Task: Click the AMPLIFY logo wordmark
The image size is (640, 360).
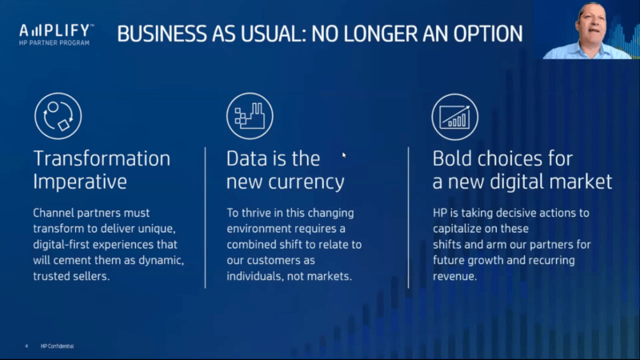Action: [56, 30]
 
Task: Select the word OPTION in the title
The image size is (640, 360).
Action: [488, 34]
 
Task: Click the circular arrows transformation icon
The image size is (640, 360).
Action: [58, 116]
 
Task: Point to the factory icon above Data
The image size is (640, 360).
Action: [250, 116]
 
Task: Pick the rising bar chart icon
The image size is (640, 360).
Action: [455, 117]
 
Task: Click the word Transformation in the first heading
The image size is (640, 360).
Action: [102, 158]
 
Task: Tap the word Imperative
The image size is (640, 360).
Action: [80, 182]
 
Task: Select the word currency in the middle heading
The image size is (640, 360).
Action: [306, 182]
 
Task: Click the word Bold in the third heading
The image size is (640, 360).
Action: [453, 158]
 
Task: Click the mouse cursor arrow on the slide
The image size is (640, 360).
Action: [344, 155]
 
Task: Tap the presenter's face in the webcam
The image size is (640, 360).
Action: [590, 26]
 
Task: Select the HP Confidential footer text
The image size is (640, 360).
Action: [57, 346]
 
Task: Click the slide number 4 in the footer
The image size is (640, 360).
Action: [26, 346]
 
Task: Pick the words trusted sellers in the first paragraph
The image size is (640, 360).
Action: [71, 276]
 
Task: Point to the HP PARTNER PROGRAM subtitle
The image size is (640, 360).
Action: [54, 43]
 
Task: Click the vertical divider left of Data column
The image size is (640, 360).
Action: [206, 218]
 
